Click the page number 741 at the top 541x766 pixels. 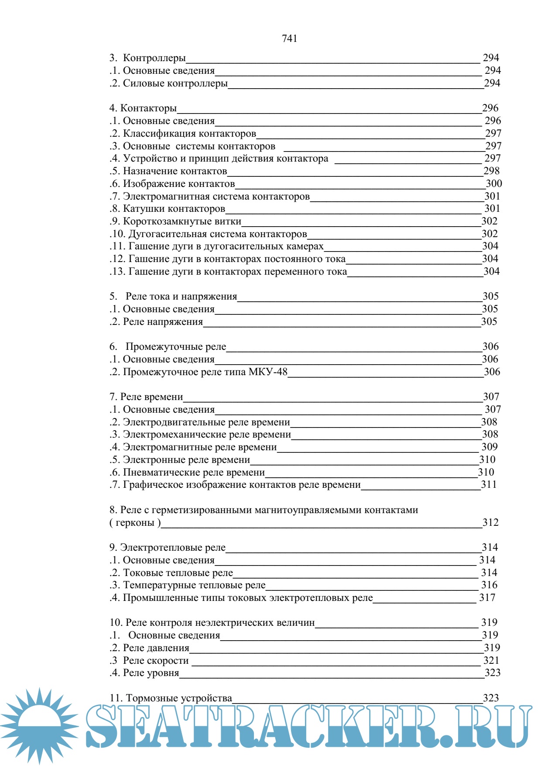(x=289, y=38)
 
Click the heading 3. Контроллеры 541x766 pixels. (x=148, y=58)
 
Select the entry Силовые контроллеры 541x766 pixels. (x=175, y=83)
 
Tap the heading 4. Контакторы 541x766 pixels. (x=143, y=108)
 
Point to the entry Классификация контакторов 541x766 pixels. (x=189, y=133)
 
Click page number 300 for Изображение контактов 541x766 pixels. (x=493, y=183)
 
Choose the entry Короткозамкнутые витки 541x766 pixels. (x=181, y=221)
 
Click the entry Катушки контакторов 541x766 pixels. (x=174, y=209)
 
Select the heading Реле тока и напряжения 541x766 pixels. (x=181, y=297)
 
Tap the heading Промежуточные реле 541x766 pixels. (x=175, y=347)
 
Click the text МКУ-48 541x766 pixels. (x=268, y=372)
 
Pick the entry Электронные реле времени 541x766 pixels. (x=186, y=460)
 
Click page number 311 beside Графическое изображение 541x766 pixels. (x=489, y=484)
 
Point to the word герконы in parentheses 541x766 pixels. (x=135, y=523)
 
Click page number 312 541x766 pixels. (x=490, y=523)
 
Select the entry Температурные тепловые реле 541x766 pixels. (x=194, y=585)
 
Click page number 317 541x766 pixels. (x=487, y=598)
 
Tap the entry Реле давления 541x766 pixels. (x=156, y=648)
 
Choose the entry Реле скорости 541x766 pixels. (x=155, y=661)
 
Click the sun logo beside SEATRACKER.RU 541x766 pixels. (x=39, y=725)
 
